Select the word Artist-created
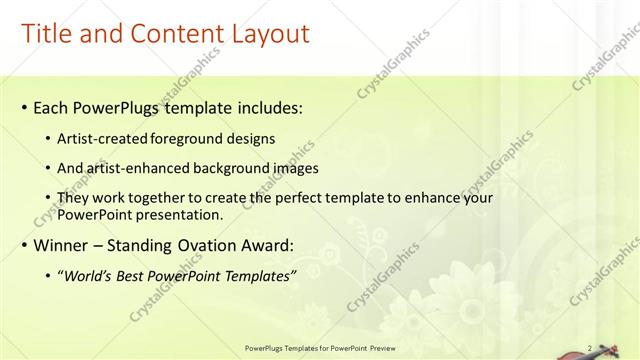pyautogui.click(x=104, y=139)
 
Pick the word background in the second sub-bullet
pyautogui.click(x=237, y=169)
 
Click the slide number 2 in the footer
pyautogui.click(x=589, y=348)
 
